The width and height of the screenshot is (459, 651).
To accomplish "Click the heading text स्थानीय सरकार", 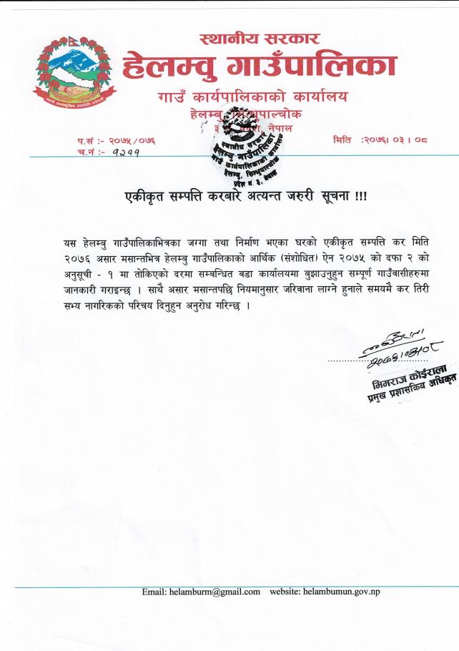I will [260, 39].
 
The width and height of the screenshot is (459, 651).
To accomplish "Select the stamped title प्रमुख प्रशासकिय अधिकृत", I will [413, 391].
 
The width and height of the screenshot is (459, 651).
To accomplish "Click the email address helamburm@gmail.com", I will [212, 592].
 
